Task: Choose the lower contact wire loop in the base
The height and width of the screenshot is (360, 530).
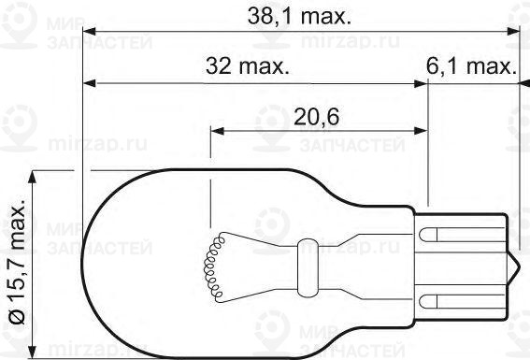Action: click(443, 300)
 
